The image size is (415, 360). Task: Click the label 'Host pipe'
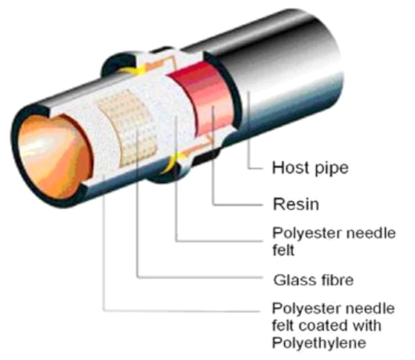tap(310, 168)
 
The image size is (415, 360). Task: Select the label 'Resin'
tap(296, 205)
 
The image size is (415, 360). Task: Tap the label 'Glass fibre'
tap(313, 280)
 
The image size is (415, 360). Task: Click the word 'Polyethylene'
tap(319, 344)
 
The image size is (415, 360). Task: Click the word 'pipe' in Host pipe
tap(332, 169)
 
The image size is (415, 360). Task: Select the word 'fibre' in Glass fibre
tap(338, 280)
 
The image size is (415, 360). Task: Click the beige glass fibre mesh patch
tap(128, 127)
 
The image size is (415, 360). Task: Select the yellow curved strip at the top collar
tap(132, 70)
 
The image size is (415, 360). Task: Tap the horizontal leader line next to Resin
tap(238, 205)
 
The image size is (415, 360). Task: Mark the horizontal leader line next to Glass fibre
tap(200, 277)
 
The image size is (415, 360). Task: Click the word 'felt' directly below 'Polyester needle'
tap(283, 250)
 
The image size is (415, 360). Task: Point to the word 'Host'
tap(292, 167)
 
